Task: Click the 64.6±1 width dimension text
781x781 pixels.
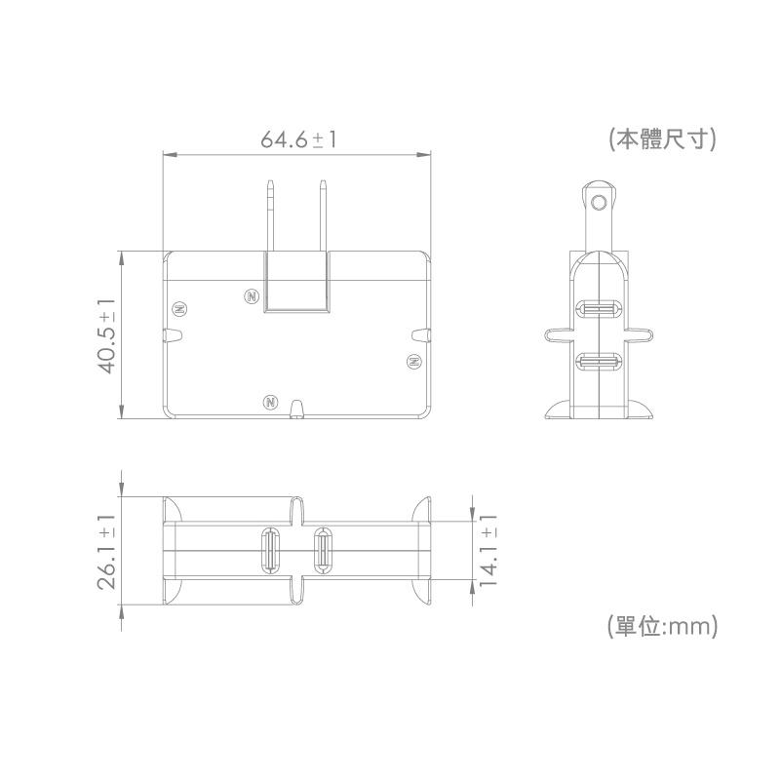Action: (298, 139)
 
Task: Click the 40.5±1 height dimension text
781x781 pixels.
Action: (107, 334)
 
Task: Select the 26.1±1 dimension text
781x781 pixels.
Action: (107, 552)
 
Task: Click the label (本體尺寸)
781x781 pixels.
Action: (663, 139)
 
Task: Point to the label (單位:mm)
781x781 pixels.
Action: (663, 625)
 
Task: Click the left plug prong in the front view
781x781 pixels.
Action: (270, 215)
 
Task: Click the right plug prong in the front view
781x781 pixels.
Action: (323, 215)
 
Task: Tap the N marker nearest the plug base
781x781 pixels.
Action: (251, 294)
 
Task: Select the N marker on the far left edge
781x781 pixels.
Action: (178, 309)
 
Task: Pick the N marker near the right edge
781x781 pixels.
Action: (413, 361)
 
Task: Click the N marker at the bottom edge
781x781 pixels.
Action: (271, 402)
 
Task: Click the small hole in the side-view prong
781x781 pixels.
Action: (599, 202)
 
